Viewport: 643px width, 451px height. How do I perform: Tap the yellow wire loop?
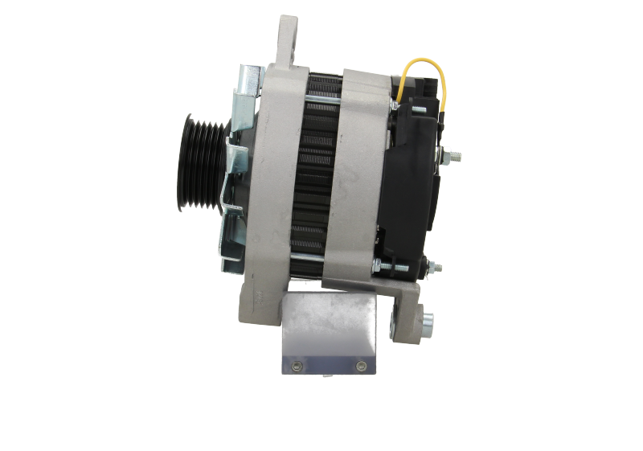click(x=421, y=76)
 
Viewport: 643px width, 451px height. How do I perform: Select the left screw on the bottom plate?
click(x=296, y=367)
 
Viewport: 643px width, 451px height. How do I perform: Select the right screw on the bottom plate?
click(x=358, y=367)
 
